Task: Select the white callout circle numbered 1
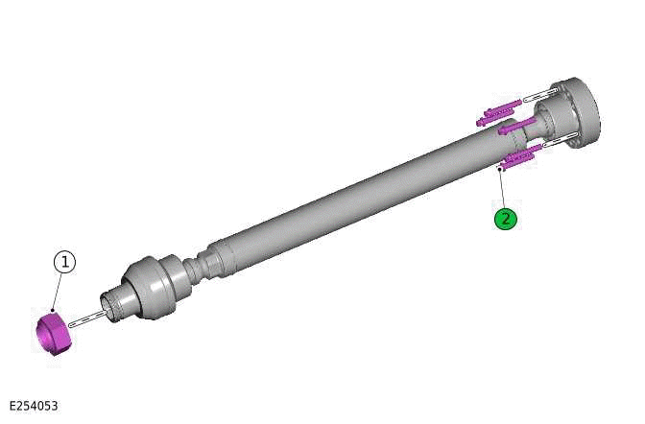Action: click(63, 261)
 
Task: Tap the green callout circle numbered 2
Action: click(505, 219)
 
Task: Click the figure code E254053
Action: click(34, 406)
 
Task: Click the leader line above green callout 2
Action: click(502, 188)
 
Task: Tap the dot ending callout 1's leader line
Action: click(54, 310)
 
